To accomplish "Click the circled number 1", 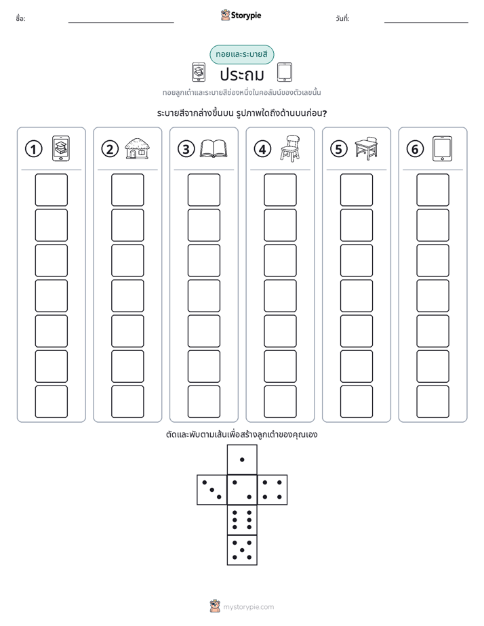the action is tap(33, 149).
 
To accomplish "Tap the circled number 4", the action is tap(262, 149).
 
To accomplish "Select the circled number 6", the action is tap(415, 149).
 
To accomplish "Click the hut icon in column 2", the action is tap(137, 148).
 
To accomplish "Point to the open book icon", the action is tap(214, 149).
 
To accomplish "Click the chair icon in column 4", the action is tap(290, 148).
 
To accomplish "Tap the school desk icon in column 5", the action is tap(366, 148).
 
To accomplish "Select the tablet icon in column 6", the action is tap(443, 148).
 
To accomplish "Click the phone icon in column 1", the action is tap(61, 148).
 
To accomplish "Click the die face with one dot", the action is tap(242, 460).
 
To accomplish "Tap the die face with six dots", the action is tap(242, 520).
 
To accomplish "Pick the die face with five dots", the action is tap(242, 550).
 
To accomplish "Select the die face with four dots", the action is tap(273, 490).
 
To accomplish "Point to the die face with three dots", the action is tap(212, 490).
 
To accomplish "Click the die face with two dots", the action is tap(242, 490).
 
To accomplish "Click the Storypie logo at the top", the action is tap(241, 15).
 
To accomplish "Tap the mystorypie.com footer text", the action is tap(248, 607).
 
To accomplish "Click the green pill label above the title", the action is tap(242, 54).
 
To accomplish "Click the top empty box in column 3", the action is tap(203, 190).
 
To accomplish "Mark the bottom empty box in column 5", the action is tap(357, 402).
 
